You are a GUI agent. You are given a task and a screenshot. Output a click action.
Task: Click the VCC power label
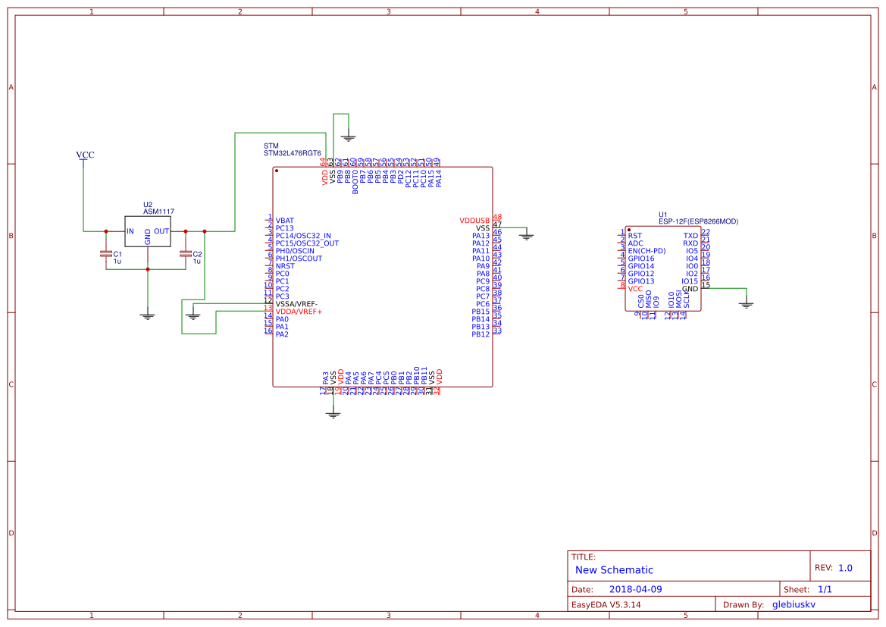[x=85, y=155]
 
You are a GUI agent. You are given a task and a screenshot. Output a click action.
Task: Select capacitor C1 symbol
[x=106, y=254]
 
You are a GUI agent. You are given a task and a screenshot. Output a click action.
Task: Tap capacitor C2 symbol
[x=185, y=254]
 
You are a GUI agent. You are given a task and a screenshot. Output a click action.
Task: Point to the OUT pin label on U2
[x=161, y=231]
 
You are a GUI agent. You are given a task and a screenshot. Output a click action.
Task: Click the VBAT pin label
[x=285, y=221]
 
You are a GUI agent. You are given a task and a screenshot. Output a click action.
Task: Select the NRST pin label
[x=285, y=266]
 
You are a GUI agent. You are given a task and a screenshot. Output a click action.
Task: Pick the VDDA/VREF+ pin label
[x=299, y=312]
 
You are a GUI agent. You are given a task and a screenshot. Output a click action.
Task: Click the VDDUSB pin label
[x=474, y=221]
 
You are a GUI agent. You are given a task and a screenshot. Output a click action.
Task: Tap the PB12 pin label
[x=481, y=334]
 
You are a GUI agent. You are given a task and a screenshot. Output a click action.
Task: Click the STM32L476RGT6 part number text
[x=292, y=153]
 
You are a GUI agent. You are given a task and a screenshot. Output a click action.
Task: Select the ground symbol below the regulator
[x=148, y=315]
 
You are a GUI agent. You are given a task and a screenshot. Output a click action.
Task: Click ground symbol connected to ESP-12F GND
[x=747, y=304]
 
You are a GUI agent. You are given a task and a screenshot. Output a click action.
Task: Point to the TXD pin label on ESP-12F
[x=690, y=236]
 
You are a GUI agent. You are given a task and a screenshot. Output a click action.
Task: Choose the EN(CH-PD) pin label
[x=646, y=251]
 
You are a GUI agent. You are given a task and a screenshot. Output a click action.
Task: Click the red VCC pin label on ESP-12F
[x=635, y=289]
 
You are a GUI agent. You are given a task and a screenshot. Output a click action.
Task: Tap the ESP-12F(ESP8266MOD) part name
[x=698, y=221]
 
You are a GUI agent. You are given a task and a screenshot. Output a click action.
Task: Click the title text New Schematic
[x=614, y=570]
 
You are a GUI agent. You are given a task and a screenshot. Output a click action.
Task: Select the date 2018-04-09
[x=635, y=589]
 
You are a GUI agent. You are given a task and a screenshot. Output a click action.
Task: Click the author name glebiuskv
[x=793, y=605]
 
